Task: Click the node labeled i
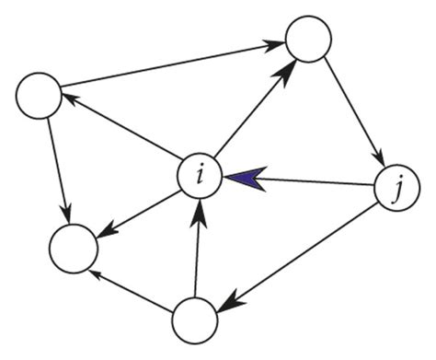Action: tap(200, 175)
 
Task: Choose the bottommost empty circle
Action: tap(195, 319)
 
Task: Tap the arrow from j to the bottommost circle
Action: tap(304, 257)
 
